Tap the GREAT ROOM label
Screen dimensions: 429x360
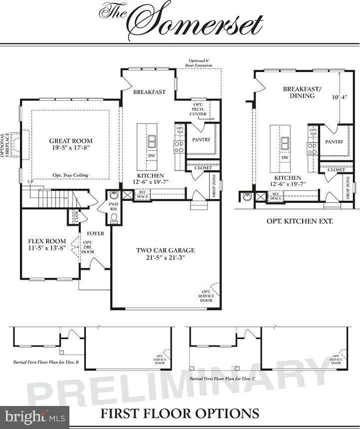[70, 141]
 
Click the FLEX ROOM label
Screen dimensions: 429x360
[47, 241]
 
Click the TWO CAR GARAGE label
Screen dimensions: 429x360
[166, 250]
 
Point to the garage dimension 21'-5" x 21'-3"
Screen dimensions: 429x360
[166, 258]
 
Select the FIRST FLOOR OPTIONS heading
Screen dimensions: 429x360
[179, 413]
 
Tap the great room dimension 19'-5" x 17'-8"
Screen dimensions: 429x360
[70, 149]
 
